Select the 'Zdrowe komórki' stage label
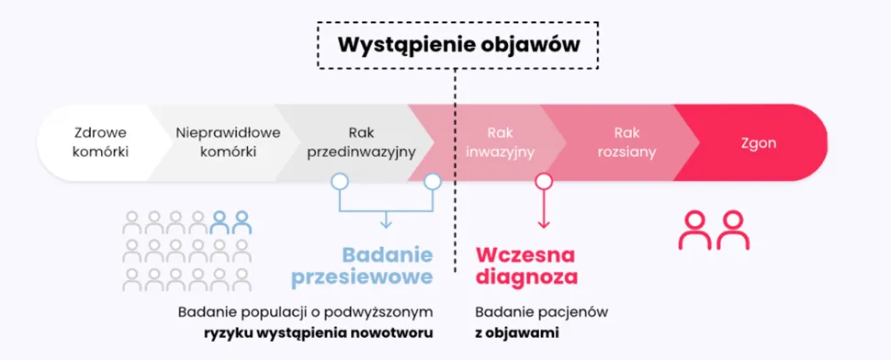[100, 142]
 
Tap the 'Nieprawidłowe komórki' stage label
[228, 142]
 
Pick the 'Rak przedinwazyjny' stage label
[361, 142]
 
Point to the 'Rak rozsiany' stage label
[626, 142]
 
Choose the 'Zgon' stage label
[759, 143]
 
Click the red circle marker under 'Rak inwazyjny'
[544, 181]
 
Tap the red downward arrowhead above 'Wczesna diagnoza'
[544, 224]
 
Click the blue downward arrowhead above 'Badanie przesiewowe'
[386, 224]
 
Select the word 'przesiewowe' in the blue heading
[362, 277]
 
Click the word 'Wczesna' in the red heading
[525, 255]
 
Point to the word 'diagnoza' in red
[526, 277]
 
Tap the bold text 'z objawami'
[516, 332]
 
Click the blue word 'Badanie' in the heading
[388, 255]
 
